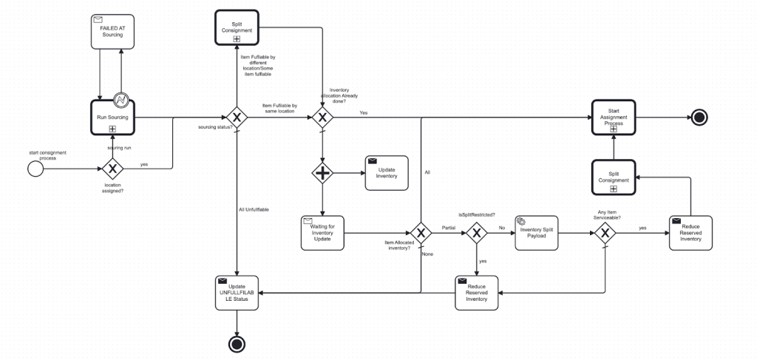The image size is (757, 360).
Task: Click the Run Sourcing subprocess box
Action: (x=111, y=118)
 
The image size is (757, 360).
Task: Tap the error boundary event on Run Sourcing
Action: (x=121, y=100)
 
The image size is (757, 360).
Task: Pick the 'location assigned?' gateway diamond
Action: (x=112, y=169)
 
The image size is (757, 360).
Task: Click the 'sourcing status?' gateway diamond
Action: (x=236, y=118)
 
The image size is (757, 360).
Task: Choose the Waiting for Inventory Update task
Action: (x=322, y=232)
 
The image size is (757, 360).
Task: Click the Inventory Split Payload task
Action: (x=536, y=233)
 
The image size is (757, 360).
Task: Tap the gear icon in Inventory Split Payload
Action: (x=520, y=221)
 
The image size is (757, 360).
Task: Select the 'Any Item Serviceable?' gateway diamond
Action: (x=605, y=233)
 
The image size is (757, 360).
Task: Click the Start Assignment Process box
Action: (x=613, y=118)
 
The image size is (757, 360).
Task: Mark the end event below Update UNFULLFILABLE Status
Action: (x=236, y=344)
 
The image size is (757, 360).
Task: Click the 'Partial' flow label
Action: (x=448, y=228)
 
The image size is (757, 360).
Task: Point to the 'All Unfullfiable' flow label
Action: (x=253, y=210)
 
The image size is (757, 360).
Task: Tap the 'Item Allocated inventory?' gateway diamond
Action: (x=421, y=233)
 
